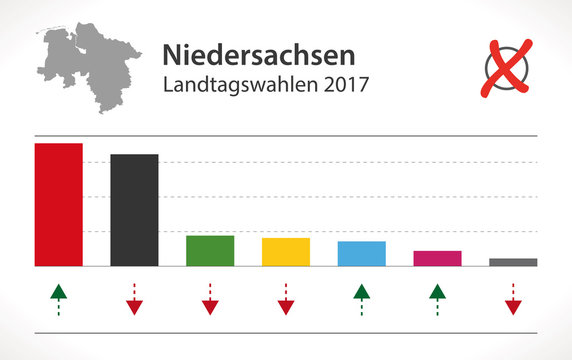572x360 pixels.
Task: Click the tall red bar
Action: [x=59, y=204]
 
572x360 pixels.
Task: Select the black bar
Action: [x=134, y=210]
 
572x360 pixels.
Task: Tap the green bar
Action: [x=210, y=250]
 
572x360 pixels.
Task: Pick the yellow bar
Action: [x=286, y=252]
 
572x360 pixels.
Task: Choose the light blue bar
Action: [x=362, y=253]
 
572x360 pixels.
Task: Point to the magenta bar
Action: [x=437, y=258]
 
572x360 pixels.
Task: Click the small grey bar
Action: [x=513, y=262]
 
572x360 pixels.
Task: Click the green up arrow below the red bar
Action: [x=59, y=299]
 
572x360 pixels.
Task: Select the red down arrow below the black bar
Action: [x=134, y=299]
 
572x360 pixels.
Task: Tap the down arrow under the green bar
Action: [x=210, y=299]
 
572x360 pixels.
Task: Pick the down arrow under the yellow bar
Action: [x=286, y=299]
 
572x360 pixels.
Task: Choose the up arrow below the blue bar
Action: [x=362, y=299]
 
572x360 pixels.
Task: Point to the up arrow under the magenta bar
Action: [x=437, y=299]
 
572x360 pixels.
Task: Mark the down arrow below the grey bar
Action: [x=513, y=299]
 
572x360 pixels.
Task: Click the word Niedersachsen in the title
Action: [x=257, y=53]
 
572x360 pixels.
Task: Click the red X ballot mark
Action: [x=507, y=67]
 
